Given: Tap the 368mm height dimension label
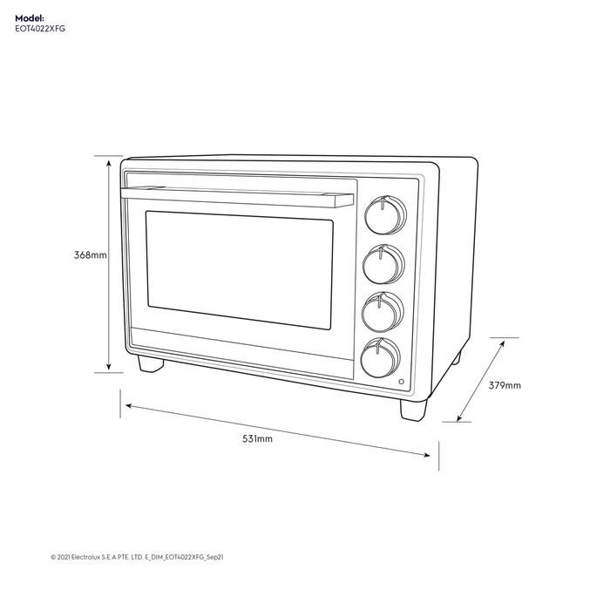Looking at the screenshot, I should (91, 255).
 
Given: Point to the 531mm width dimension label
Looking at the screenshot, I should (257, 439).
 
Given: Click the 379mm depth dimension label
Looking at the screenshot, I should (505, 385).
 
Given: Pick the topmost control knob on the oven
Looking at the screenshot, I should (382, 214).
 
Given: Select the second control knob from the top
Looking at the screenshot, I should (382, 264).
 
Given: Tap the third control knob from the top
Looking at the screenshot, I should (382, 311).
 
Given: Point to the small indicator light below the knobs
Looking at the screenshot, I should (401, 383).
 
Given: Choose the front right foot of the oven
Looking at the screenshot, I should (414, 408).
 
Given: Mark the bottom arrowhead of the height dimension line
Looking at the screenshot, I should (109, 369).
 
